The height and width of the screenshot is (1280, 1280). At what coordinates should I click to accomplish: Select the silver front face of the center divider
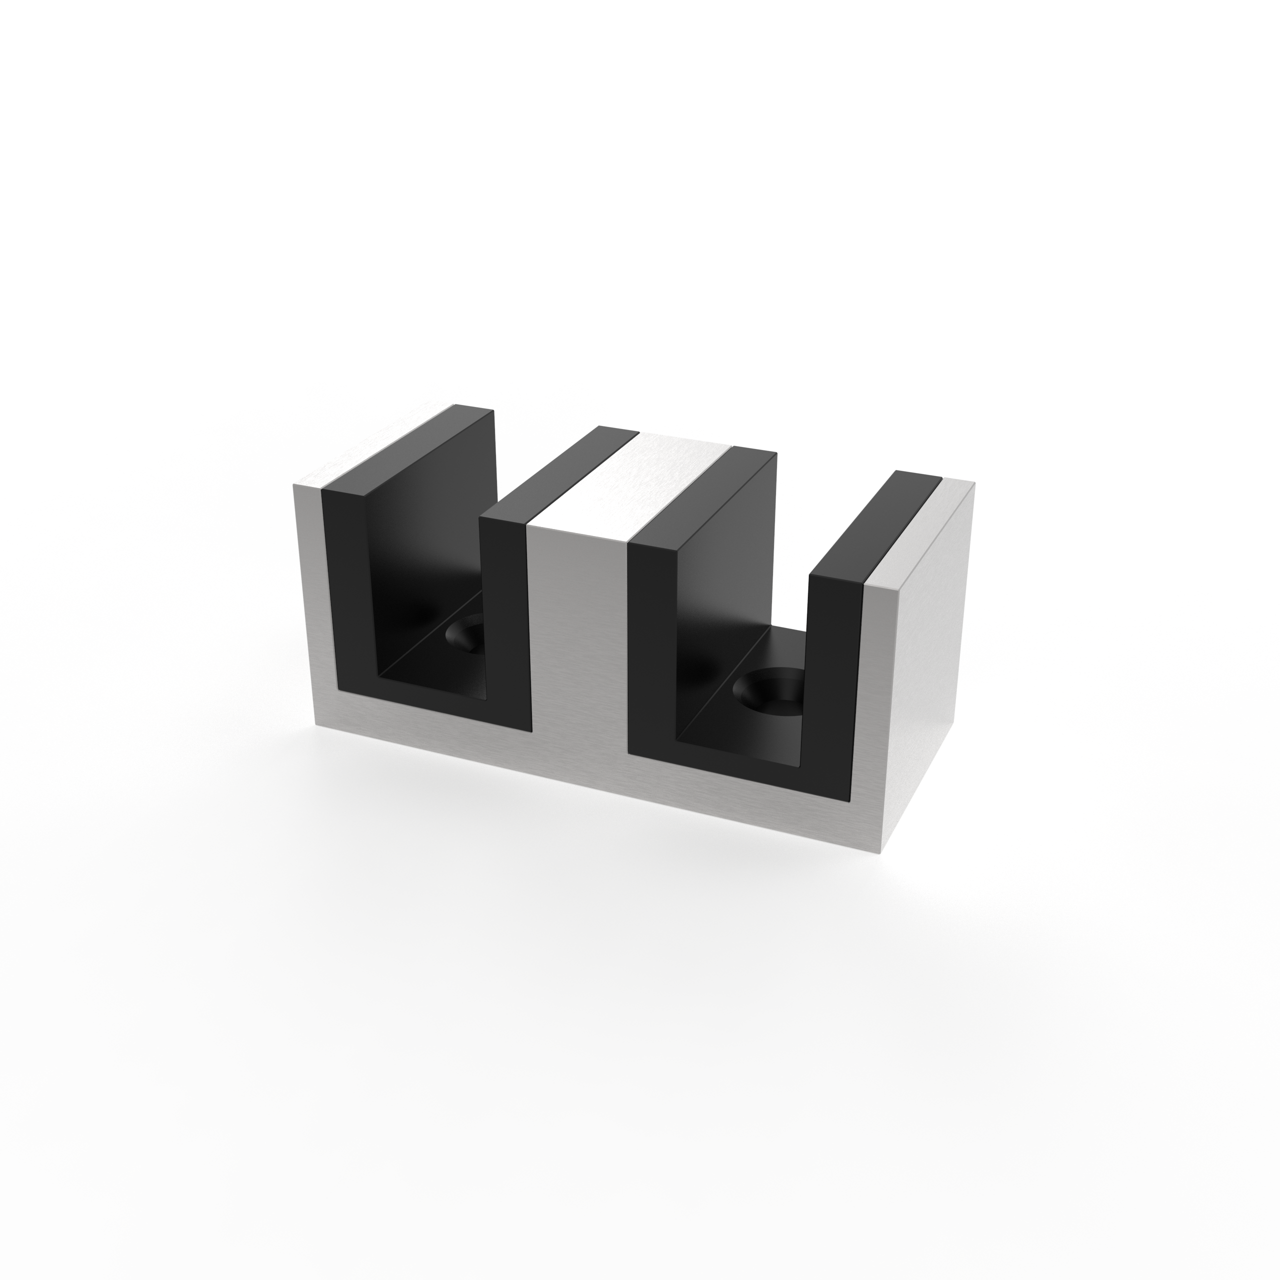pos(576,636)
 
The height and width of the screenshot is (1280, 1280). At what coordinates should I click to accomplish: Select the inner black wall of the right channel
pos(729,583)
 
